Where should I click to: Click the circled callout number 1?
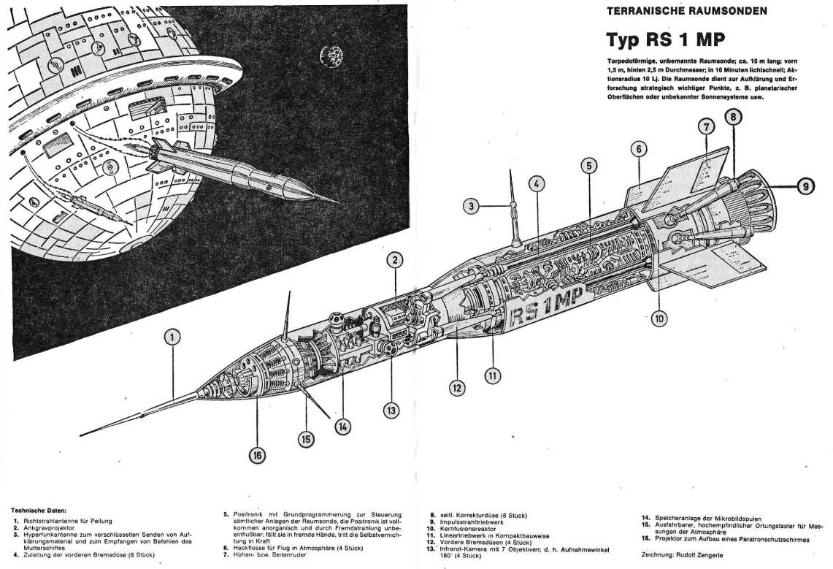172,337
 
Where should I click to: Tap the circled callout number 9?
805,186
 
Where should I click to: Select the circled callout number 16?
256,455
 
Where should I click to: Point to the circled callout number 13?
391,410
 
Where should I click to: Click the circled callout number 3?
472,206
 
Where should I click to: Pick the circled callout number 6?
638,149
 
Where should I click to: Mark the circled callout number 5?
588,166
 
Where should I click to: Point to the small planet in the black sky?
331,54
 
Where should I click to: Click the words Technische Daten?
39,509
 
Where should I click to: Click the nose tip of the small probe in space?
337,201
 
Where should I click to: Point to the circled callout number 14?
342,426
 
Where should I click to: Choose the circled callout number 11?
493,376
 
